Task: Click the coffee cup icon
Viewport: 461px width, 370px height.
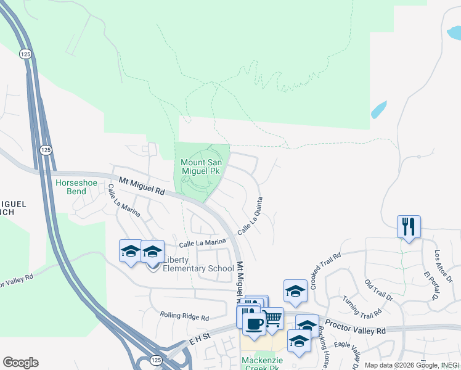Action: [x=254, y=322]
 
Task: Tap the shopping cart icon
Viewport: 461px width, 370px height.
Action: [x=273, y=319]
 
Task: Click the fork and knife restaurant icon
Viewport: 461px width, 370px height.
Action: [x=409, y=227]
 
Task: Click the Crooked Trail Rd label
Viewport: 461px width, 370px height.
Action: [x=326, y=271]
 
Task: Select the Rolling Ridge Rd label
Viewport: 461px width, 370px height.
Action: [x=184, y=316]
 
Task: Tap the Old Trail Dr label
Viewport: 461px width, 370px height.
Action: [x=378, y=290]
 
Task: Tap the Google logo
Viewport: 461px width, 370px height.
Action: [x=20, y=363]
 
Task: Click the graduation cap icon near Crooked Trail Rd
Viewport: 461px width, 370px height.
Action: [x=295, y=290]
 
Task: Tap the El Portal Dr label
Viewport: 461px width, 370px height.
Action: [x=429, y=286]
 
